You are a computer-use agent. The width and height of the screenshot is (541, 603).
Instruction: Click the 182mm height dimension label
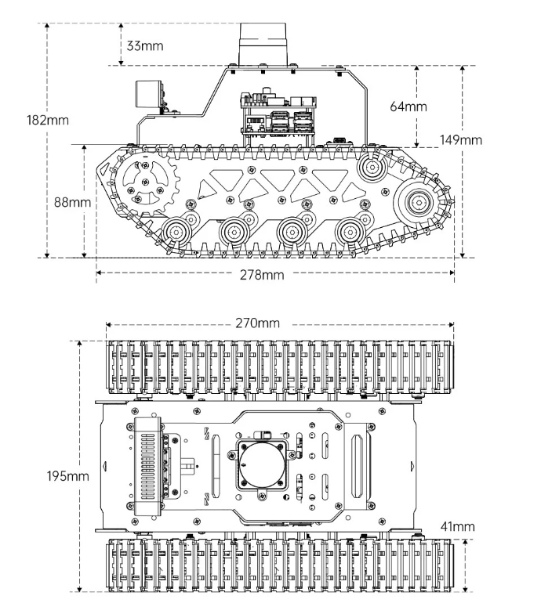[x=47, y=120]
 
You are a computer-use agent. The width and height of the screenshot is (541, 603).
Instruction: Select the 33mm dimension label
[x=145, y=45]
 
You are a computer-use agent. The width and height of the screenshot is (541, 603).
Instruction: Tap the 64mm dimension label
[x=408, y=107]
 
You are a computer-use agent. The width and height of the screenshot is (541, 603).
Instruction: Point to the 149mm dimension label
[x=461, y=140]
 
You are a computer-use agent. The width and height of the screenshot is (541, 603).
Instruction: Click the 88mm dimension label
[x=72, y=202]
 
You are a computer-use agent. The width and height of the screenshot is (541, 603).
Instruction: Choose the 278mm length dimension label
[x=262, y=275]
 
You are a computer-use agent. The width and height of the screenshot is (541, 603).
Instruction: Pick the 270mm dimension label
[x=258, y=323]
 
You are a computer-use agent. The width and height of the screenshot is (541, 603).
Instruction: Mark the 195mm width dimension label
[x=67, y=476]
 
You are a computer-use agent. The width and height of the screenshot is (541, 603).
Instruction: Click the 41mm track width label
[x=457, y=526]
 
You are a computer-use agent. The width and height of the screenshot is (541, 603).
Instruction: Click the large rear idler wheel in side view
[x=418, y=202]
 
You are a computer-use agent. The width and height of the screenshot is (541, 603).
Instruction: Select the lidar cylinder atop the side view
[x=263, y=44]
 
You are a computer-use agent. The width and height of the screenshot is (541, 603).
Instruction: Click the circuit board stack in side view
[x=278, y=114]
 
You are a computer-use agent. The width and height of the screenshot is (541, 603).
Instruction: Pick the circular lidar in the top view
[x=263, y=464]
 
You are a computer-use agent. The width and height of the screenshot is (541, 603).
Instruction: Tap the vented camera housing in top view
[x=147, y=466]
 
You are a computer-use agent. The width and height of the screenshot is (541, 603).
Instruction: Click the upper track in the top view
[x=280, y=367]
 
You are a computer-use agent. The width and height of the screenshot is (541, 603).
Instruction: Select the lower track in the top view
[x=280, y=565]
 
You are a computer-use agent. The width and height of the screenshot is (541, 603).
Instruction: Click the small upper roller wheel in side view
[x=372, y=167]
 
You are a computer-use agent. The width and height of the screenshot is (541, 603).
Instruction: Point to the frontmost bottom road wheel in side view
[x=176, y=232]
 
